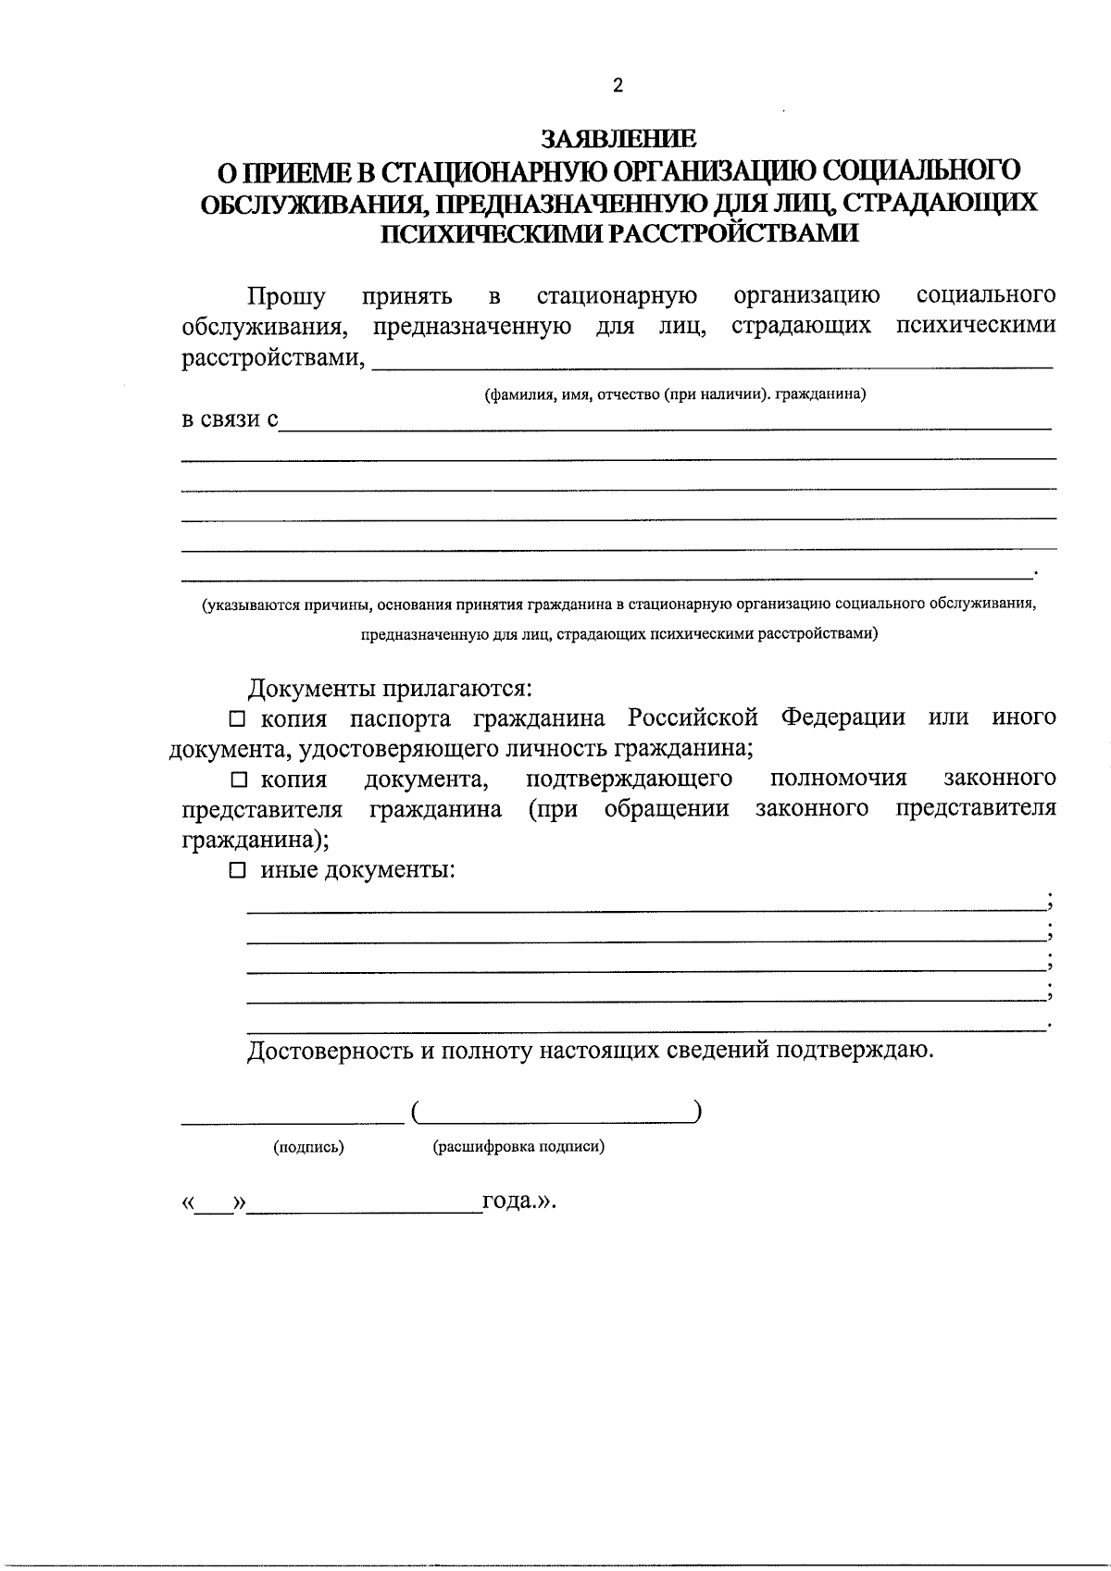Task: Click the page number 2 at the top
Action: (x=618, y=86)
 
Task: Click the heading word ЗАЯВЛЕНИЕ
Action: (x=618, y=140)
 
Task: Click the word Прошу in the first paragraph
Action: (x=286, y=296)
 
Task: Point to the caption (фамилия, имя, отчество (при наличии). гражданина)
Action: (x=675, y=394)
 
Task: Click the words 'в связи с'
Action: (x=229, y=419)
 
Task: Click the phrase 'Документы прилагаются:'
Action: (x=389, y=689)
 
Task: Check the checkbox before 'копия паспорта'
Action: (x=238, y=718)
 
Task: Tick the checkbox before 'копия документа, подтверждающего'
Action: (x=238, y=779)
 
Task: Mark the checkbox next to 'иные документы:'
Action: (x=238, y=870)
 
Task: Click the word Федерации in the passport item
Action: (x=843, y=718)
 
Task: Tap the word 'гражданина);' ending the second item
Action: (x=254, y=840)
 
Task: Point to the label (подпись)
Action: (x=308, y=1147)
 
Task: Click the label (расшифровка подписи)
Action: (x=518, y=1147)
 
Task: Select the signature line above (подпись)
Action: (x=292, y=1121)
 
